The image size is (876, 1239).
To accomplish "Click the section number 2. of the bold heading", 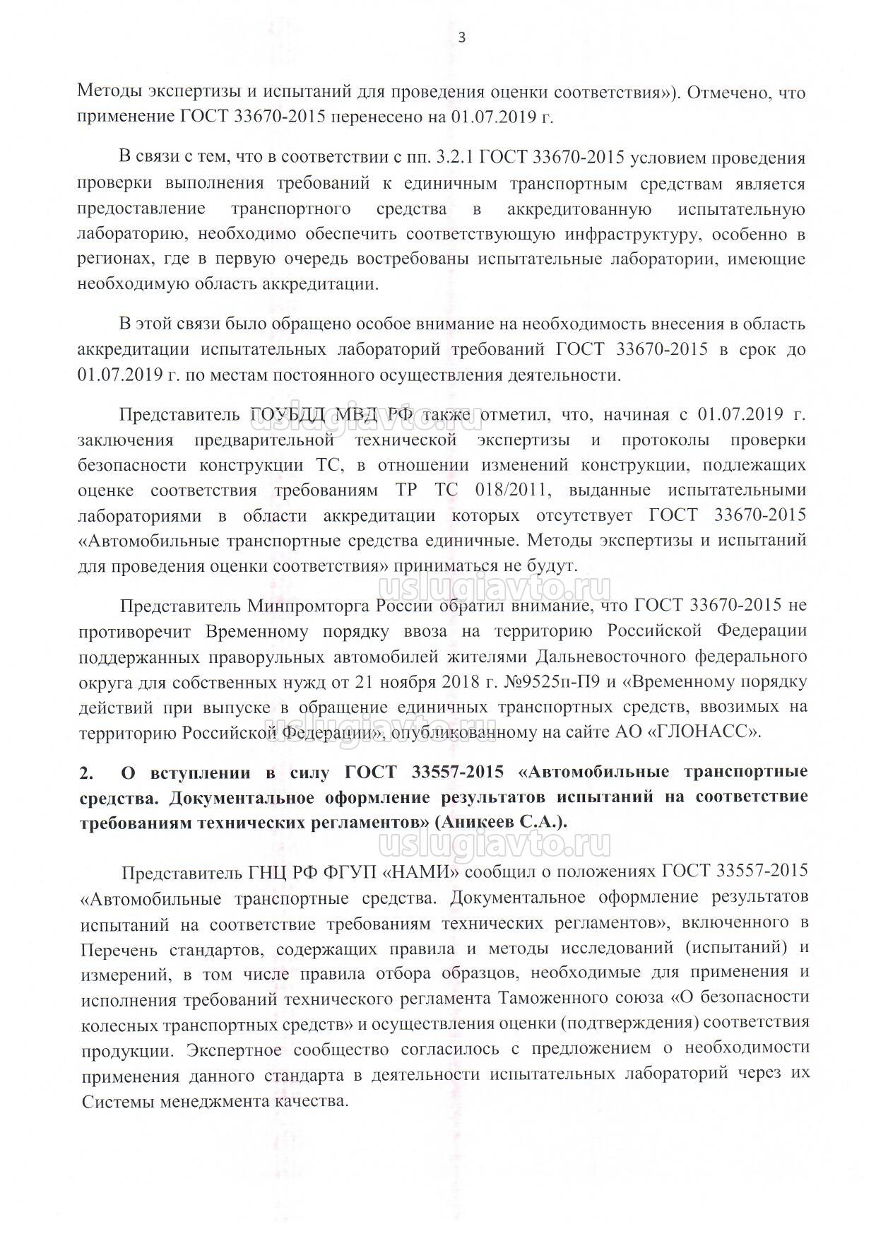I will [87, 773].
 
